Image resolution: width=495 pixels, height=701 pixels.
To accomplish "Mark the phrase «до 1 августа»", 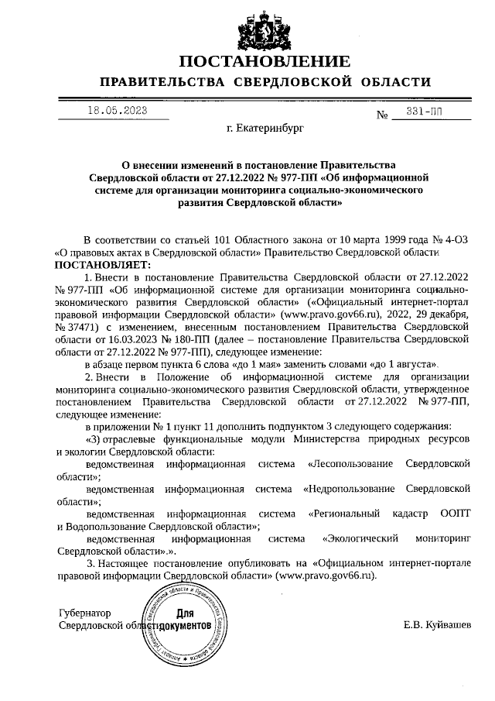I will (408, 364).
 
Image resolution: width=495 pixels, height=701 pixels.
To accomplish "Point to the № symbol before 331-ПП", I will (381, 116).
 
